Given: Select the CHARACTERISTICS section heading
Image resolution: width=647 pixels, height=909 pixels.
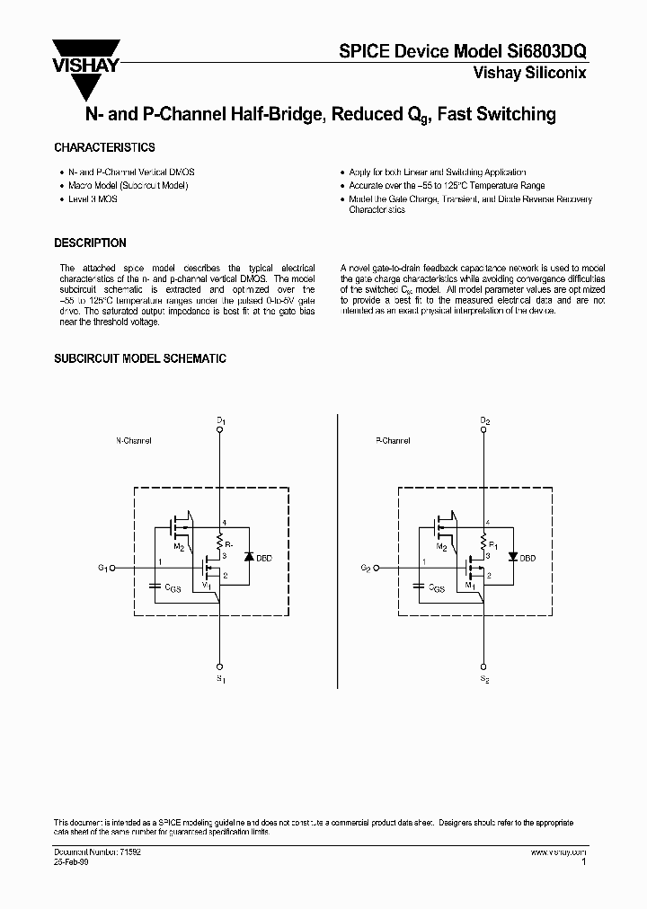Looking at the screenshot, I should [x=104, y=147].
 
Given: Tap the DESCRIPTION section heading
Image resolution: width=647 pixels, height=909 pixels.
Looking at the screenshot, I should [x=90, y=243].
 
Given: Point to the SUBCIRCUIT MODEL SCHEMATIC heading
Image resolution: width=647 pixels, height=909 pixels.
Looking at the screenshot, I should [x=140, y=358].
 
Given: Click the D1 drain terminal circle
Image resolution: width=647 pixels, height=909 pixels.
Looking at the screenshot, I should [x=220, y=429].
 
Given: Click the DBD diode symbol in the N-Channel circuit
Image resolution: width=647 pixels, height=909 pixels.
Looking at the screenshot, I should [x=247, y=557].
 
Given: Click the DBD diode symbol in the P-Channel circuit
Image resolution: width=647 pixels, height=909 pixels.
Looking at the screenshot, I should [x=512, y=557].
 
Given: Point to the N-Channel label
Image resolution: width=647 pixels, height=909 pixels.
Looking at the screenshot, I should [x=134, y=441].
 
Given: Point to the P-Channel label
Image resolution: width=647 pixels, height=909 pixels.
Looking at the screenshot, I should [x=393, y=441].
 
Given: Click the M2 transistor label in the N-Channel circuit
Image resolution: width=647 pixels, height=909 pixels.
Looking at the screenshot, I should [x=179, y=547].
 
